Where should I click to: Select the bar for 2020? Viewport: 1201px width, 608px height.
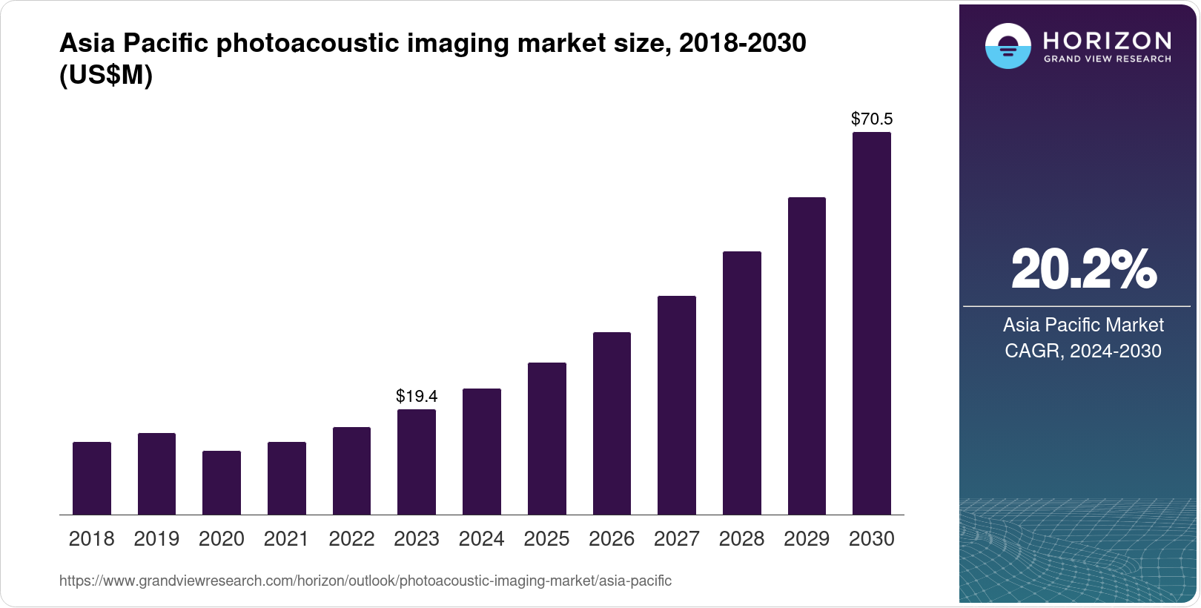222,483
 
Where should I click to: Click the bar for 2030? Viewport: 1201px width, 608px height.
871,323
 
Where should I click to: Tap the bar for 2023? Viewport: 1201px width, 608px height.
417,462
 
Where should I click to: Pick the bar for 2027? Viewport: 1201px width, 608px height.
676,405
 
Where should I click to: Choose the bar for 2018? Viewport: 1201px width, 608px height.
92,478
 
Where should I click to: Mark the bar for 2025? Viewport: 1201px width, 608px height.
546,438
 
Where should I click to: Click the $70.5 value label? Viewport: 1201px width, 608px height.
872,119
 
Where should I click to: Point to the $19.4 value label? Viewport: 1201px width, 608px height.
417,396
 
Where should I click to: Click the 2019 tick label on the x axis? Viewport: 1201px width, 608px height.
156,539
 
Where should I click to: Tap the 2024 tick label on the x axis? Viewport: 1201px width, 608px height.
481,539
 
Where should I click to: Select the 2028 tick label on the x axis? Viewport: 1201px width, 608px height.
741,539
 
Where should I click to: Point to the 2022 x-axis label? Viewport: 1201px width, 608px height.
351,539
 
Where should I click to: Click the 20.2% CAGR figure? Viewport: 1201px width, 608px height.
1083,269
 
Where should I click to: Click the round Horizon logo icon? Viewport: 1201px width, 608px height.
1008,46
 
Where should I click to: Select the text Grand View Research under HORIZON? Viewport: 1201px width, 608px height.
1107,59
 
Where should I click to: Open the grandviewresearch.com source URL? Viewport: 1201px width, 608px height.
365,581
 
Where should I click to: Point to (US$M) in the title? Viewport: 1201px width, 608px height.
106,75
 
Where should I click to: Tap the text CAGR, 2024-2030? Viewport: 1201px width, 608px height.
1082,351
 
